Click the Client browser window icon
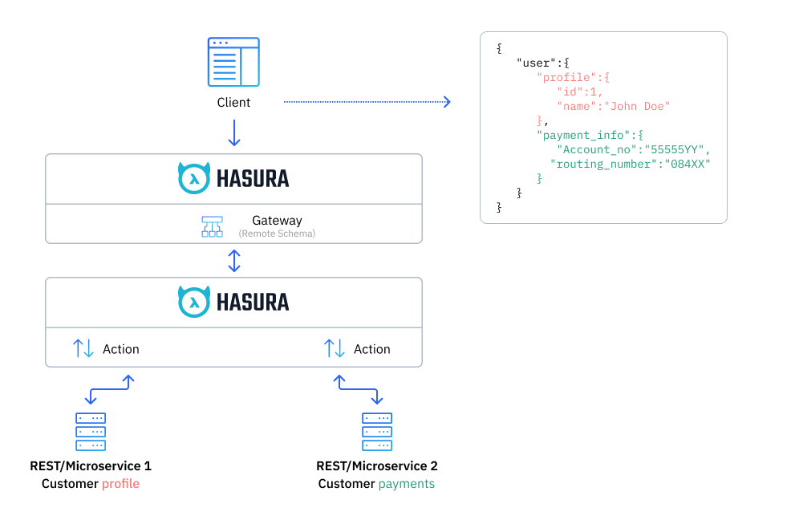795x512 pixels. coord(233,62)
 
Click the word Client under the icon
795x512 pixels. coord(233,103)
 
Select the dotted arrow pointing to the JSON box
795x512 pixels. coord(367,102)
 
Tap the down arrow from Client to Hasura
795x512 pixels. coord(233,132)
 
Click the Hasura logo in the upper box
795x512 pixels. coord(233,178)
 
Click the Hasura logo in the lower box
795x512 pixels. coord(233,302)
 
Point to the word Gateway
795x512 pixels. coord(277,221)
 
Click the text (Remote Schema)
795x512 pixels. coord(277,234)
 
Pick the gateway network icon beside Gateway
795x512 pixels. coord(212,226)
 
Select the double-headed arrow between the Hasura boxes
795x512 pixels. coord(233,261)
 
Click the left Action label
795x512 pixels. coord(120,349)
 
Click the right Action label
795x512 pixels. coord(371,349)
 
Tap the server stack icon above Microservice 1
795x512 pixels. coord(90,432)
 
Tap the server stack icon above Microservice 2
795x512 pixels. coord(377,432)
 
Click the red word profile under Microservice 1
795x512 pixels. coord(120,484)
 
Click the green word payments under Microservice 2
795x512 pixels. coord(406,484)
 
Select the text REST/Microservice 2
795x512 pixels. coord(377,465)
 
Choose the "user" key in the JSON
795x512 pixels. coord(537,63)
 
